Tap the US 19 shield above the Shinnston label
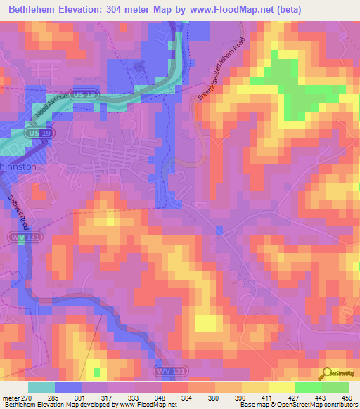37,133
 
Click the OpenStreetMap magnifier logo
326,372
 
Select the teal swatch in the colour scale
41,387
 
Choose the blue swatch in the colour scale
68,387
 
